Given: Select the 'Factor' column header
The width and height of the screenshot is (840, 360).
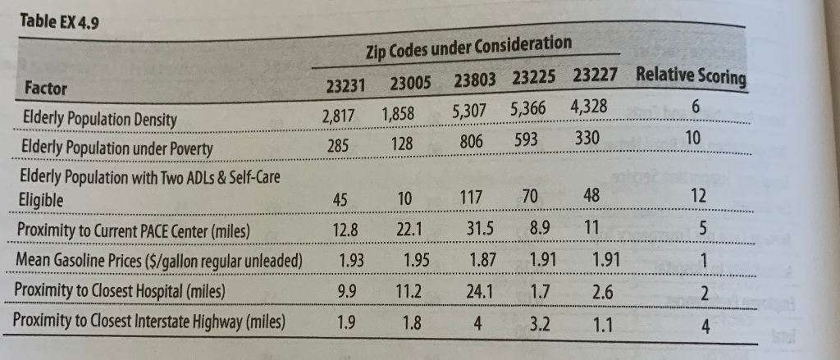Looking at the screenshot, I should [47, 88].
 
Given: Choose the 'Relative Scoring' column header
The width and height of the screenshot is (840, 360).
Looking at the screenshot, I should [691, 77].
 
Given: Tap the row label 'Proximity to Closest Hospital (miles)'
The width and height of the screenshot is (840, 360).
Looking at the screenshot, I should [121, 291].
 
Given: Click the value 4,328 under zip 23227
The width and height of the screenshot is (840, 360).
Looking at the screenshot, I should [587, 108].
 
